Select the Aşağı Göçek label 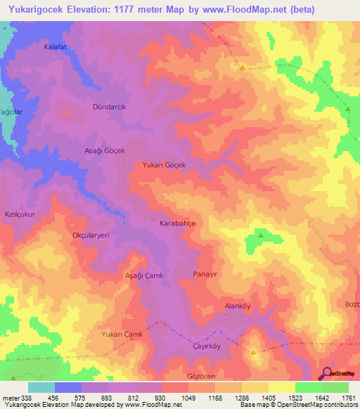pyautogui.click(x=105, y=151)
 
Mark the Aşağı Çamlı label pyautogui.click(x=143, y=275)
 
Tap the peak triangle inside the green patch pyautogui.click(x=260, y=235)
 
